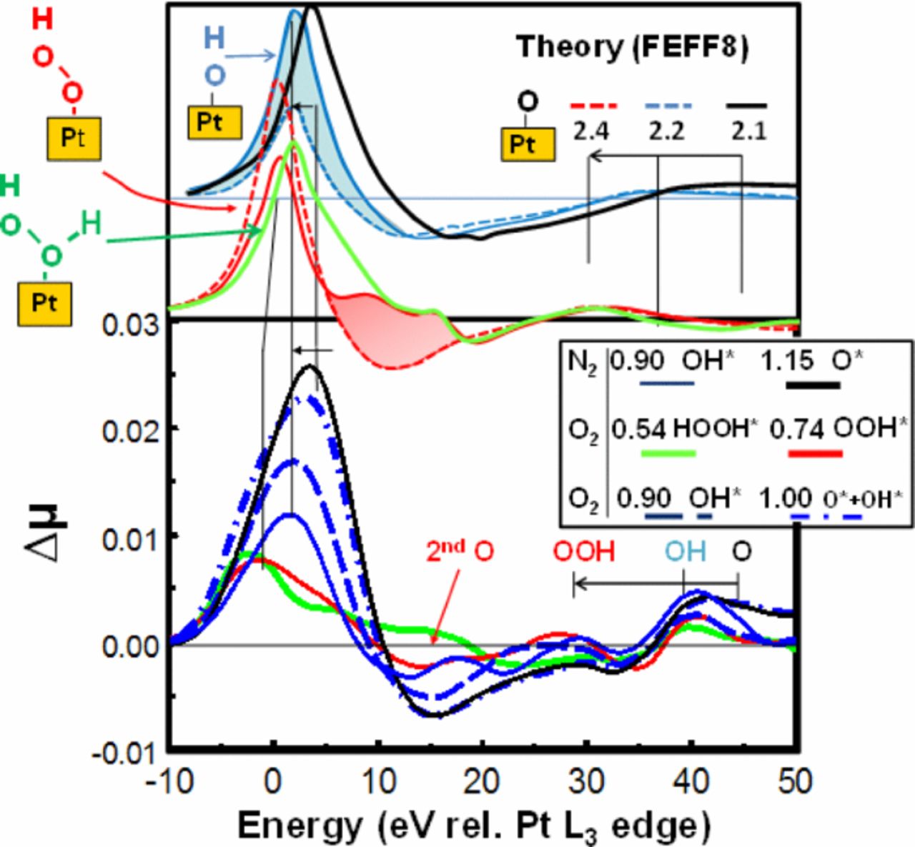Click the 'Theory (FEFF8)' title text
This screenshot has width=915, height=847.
(x=632, y=47)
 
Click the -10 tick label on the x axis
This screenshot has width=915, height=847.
(x=170, y=781)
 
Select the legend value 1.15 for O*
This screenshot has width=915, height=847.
(x=786, y=360)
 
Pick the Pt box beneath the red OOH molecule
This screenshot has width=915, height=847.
(x=74, y=138)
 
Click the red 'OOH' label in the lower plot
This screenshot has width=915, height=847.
(x=583, y=551)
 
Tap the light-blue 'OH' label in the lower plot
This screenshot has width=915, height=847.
(x=685, y=551)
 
